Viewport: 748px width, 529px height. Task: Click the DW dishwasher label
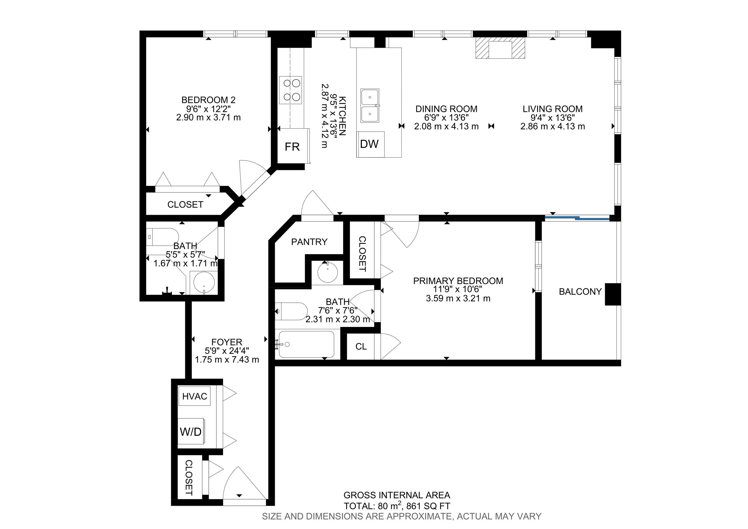(369, 144)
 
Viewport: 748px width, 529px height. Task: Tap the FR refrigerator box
(292, 146)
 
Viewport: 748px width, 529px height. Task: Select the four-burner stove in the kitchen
(290, 90)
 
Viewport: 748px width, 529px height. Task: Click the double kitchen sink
(370, 105)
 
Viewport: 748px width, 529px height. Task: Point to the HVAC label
(195, 396)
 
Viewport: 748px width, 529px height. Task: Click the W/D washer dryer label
(191, 432)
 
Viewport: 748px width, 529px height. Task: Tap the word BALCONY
(580, 292)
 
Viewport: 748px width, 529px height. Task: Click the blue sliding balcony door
(577, 217)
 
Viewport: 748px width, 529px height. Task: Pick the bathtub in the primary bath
(307, 344)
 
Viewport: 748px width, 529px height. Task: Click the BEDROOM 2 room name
(208, 100)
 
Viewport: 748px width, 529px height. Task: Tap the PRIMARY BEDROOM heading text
(458, 281)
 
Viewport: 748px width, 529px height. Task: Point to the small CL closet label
(361, 346)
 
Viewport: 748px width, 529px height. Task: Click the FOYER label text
(227, 342)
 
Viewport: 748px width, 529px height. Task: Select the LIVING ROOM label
(552, 109)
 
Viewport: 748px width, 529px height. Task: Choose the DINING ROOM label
(446, 109)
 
